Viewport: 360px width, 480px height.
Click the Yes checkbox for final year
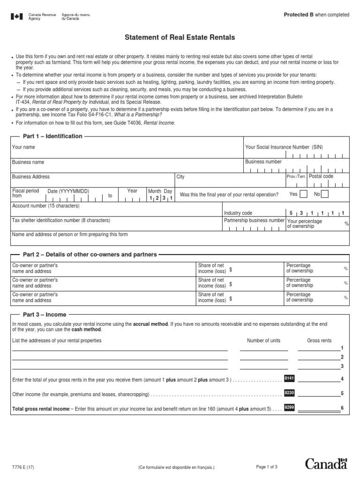point(303,194)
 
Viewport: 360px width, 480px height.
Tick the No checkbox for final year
point(325,194)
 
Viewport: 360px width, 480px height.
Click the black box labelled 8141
point(289,378)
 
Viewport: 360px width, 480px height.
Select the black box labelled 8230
point(289,393)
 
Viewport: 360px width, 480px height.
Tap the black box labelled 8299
point(289,408)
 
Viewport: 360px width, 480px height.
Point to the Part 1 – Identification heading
point(52,136)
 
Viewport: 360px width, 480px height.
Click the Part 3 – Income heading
point(45,315)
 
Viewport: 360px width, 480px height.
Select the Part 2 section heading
point(90,255)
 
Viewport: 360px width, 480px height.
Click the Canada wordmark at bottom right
point(326,464)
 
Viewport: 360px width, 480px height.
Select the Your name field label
point(23,147)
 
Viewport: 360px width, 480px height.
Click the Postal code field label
point(321,176)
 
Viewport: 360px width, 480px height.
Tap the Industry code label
point(238,213)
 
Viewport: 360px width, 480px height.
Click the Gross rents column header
point(319,340)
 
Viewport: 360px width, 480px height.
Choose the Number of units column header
point(264,340)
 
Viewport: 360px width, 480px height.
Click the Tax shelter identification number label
point(61,220)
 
